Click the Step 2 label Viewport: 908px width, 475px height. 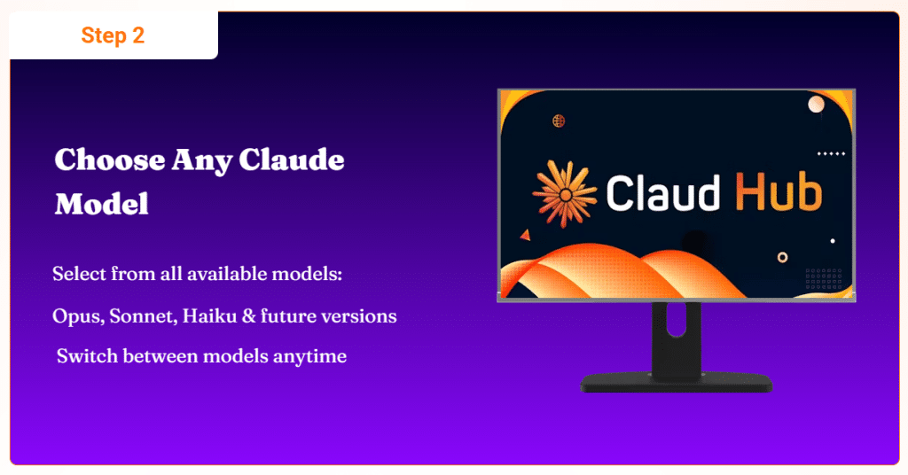(113, 35)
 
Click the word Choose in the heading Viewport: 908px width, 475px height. (109, 160)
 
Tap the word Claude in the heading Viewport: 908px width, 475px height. (291, 160)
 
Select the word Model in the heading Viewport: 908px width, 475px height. (102, 204)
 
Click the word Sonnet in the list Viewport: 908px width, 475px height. (143, 315)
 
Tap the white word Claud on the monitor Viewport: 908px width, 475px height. (662, 192)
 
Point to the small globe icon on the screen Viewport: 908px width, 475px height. (559, 121)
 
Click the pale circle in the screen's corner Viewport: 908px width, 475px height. (816, 105)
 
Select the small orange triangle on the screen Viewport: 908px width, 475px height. (525, 235)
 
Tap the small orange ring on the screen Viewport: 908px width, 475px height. (782, 258)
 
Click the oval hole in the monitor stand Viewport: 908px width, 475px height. (676, 319)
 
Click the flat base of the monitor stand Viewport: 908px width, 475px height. (677, 383)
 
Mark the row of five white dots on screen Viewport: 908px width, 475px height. (831, 154)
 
